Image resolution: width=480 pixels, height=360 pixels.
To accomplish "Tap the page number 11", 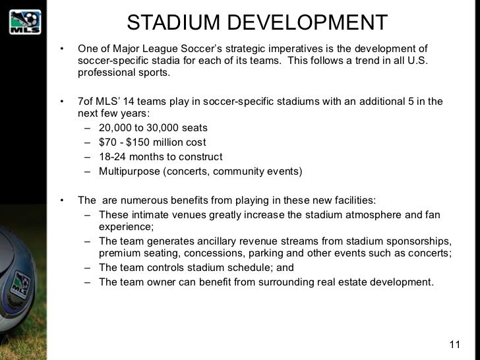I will click(454, 344).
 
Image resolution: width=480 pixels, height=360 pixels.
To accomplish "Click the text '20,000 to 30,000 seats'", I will click(153, 128).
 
